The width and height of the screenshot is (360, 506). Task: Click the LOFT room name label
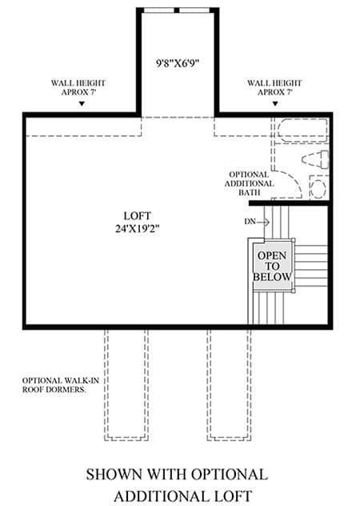coord(137,215)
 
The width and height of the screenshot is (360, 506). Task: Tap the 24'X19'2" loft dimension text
coord(138,229)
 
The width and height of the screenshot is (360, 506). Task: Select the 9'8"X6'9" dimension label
coord(178,63)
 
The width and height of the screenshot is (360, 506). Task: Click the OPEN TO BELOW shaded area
coord(272,266)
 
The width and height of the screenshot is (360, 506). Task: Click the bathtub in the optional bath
coord(302,131)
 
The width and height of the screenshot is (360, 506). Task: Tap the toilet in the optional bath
coord(315,159)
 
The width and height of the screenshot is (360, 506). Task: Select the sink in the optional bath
coord(318,187)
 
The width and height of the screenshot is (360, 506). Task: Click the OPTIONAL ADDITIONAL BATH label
coord(249,183)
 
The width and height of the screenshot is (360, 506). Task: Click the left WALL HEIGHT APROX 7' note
coord(78,87)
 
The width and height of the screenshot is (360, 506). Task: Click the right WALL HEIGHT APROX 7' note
coord(274,87)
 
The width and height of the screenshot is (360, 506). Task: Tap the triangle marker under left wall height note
coord(82,103)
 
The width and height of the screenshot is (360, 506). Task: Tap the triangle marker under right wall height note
coord(275,103)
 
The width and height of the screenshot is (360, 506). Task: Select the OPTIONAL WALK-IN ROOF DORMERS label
coord(61,385)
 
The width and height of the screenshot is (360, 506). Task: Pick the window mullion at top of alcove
coord(177,10)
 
